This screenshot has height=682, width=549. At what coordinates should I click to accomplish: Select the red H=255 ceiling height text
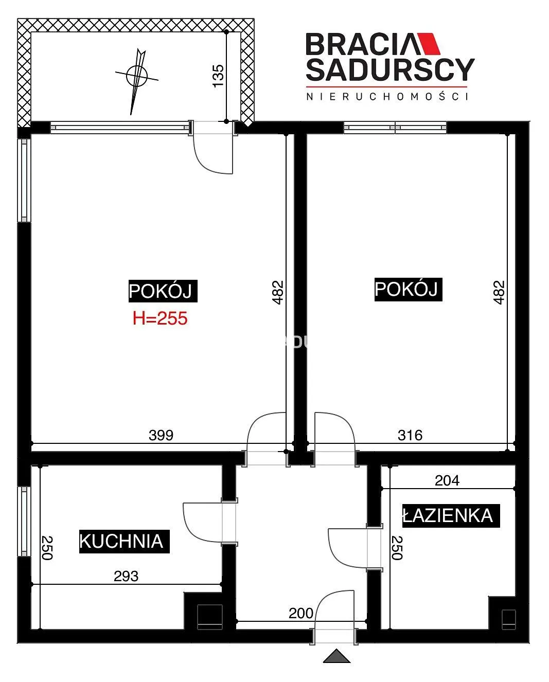tap(160, 318)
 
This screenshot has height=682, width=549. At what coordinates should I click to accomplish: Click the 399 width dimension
tap(161, 435)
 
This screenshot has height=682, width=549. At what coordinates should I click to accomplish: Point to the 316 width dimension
tap(410, 435)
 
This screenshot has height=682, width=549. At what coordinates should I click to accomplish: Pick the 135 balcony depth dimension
tap(218, 76)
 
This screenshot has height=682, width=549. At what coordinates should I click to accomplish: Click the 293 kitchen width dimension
tap(126, 576)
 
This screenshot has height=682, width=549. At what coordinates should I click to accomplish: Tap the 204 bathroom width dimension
tap(447, 480)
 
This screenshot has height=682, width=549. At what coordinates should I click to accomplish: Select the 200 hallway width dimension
tap(301, 613)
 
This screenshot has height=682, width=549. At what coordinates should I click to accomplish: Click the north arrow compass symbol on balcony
tap(137, 76)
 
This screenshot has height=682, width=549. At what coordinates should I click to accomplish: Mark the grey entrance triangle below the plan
tap(337, 656)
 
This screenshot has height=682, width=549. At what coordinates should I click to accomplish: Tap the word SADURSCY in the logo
tap(390, 69)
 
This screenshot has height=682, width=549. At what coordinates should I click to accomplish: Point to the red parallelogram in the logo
tap(429, 44)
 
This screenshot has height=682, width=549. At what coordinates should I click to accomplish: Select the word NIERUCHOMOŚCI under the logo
tap(387, 96)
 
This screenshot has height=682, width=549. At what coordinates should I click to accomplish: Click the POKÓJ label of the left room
tap(163, 291)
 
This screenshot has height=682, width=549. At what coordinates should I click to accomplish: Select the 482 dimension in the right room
tap(499, 292)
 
